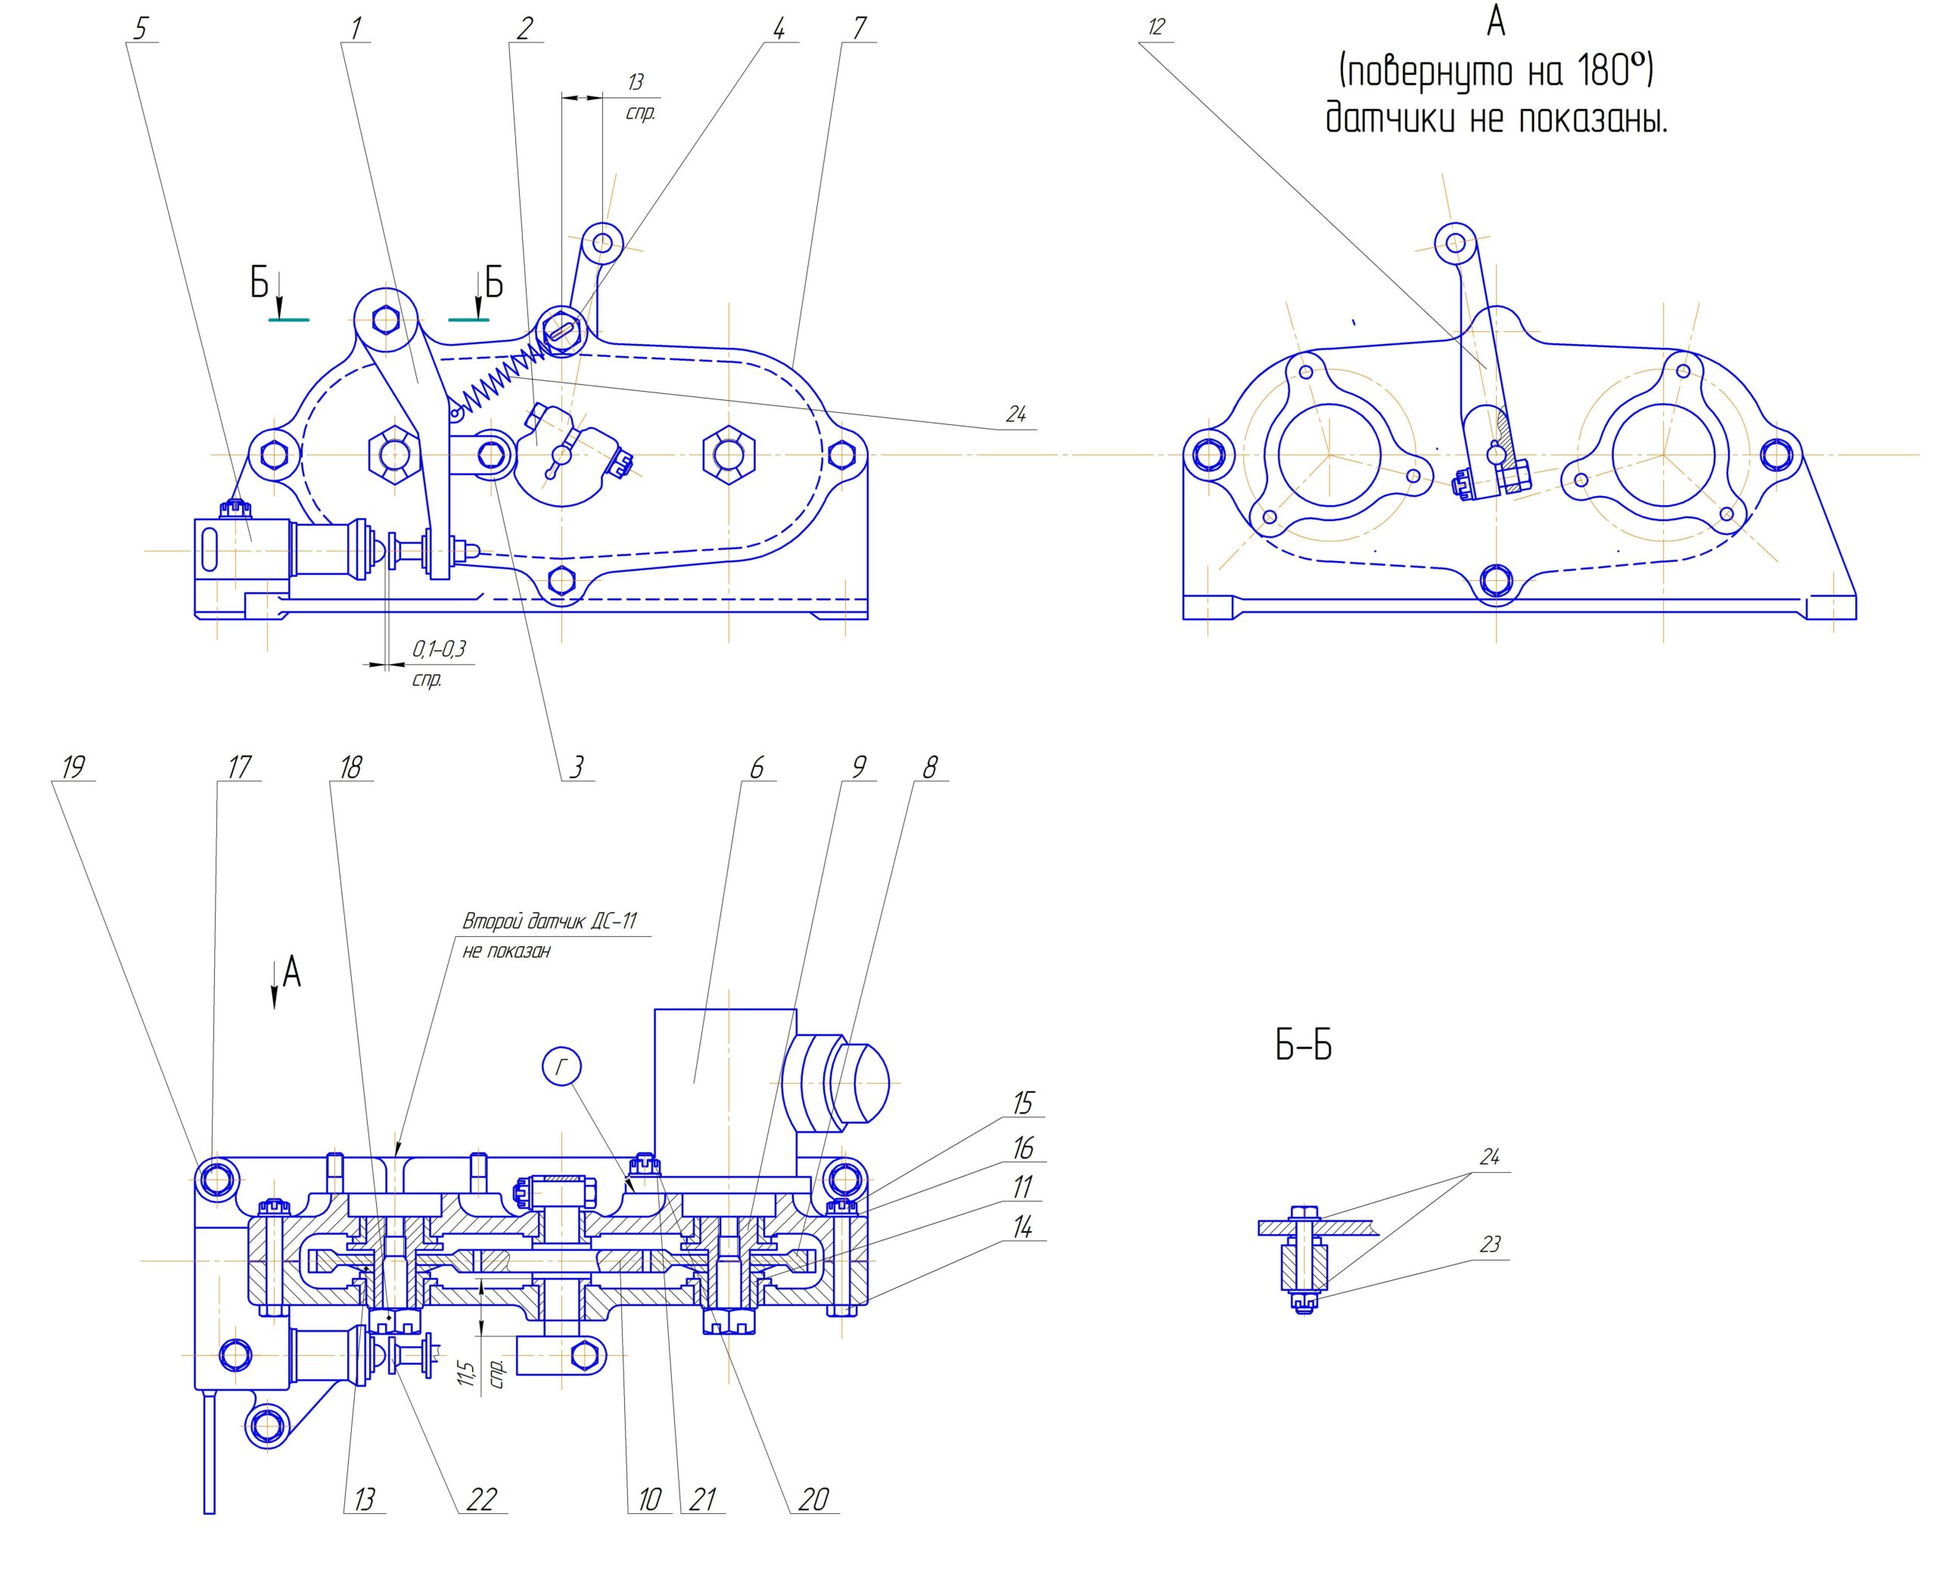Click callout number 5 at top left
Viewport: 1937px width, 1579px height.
tap(139, 29)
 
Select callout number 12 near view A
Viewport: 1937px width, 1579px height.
tap(1155, 27)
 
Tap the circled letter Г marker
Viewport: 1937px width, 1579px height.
tap(561, 1067)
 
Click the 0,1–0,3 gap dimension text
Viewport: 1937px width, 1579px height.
tap(439, 649)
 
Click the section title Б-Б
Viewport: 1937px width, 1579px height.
tap(1303, 1047)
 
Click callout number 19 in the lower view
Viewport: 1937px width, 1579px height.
tap(72, 768)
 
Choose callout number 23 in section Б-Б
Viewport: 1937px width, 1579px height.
tap(1489, 1243)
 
